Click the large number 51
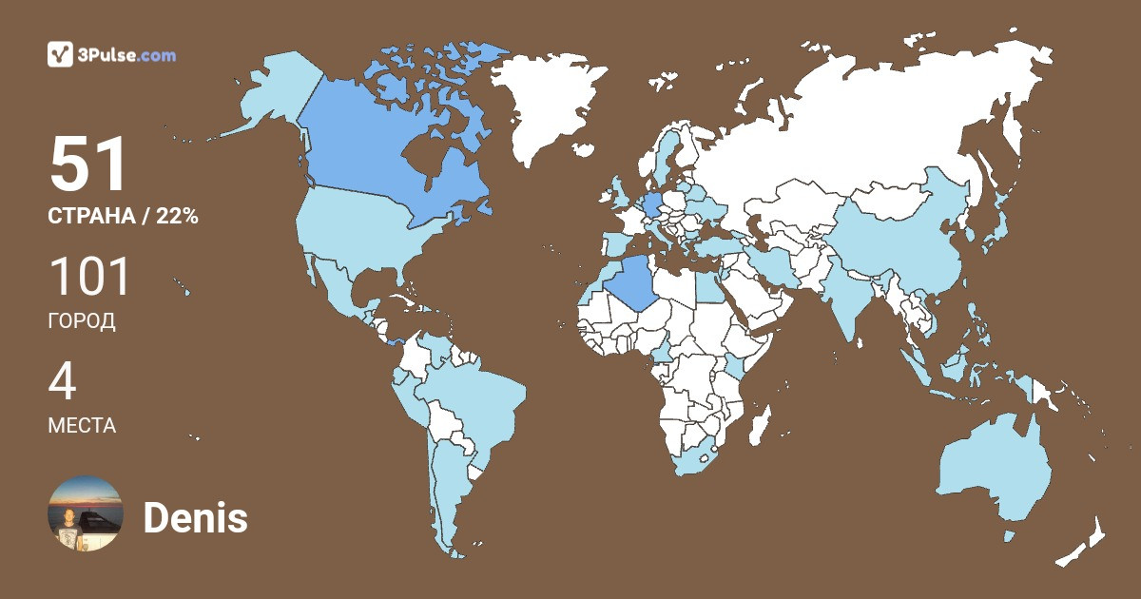[x=88, y=165]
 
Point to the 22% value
[x=177, y=217]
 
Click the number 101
[x=88, y=277]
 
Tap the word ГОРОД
[x=82, y=321]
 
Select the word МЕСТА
[x=82, y=425]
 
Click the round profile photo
[x=86, y=513]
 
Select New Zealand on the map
[x=1084, y=542]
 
